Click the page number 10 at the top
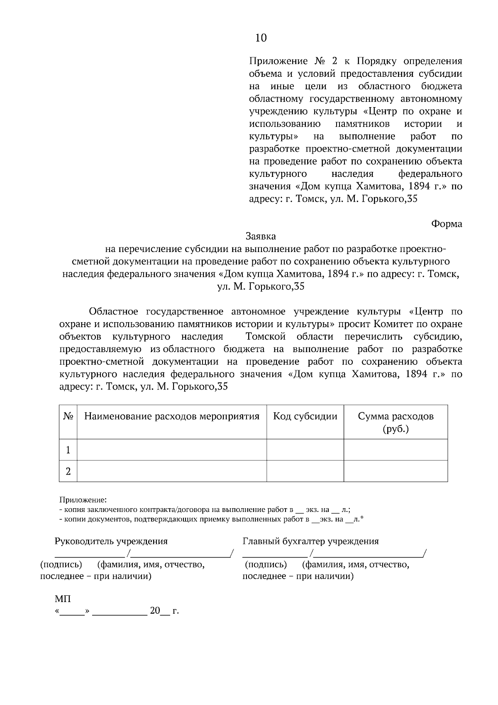(261, 38)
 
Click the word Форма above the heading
(447, 224)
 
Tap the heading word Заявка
(261, 236)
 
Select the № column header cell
(68, 416)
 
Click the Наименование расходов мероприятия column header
(172, 416)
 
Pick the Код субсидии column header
(305, 416)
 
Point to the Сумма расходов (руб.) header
(395, 422)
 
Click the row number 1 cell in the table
(68, 450)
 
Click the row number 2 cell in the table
(68, 471)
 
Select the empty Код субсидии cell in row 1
(305, 450)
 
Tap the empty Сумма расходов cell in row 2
(395, 471)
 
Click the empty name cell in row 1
(172, 450)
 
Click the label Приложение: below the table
(83, 499)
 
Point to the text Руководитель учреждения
(111, 541)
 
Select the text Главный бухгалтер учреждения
(310, 541)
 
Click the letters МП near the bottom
(63, 599)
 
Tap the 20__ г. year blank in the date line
(164, 611)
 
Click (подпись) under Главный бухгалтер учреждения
(266, 564)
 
